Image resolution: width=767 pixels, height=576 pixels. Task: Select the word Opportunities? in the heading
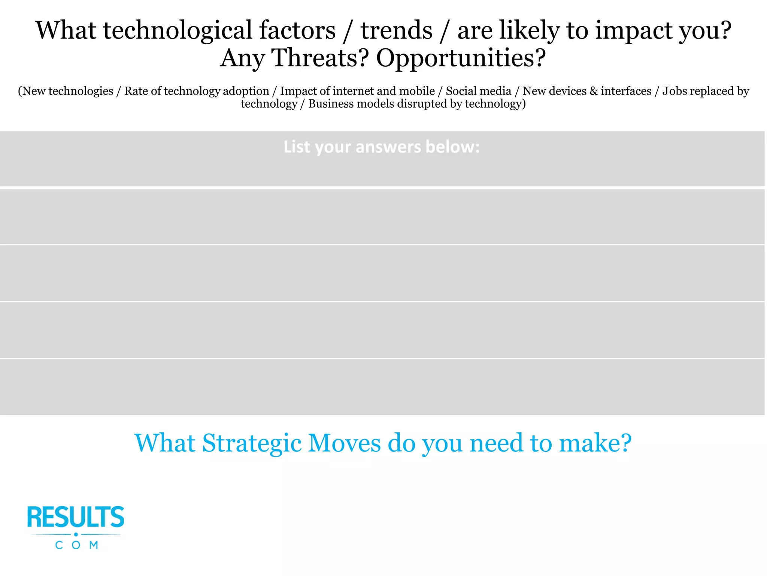(x=461, y=58)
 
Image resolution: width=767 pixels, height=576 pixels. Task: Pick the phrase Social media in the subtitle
(x=478, y=91)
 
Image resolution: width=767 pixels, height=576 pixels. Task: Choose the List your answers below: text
(x=381, y=147)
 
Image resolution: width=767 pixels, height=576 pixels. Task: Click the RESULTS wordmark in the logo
(x=76, y=517)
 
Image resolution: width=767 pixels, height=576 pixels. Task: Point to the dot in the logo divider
(x=76, y=534)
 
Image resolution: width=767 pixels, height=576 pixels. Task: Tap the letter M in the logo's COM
(x=94, y=545)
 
